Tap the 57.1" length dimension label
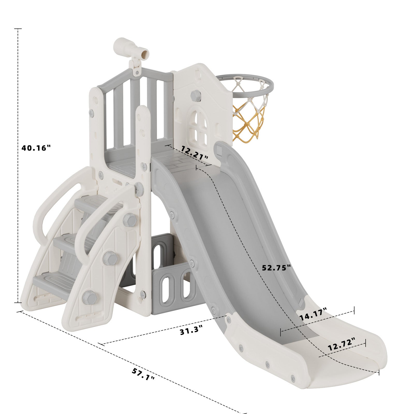click(x=143, y=374)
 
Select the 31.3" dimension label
click(x=191, y=330)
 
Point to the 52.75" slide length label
click(x=276, y=267)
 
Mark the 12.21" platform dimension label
click(x=194, y=153)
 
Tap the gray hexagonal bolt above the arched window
click(x=196, y=96)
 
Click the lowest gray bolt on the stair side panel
click(x=89, y=298)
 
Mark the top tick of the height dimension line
click(x=18, y=29)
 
